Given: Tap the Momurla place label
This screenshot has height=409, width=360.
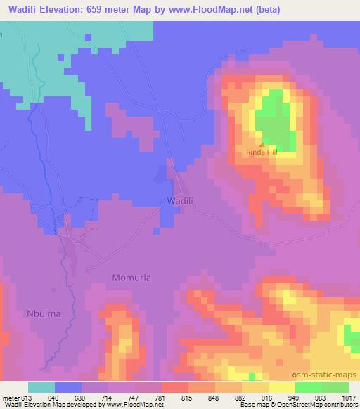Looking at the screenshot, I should [x=131, y=278].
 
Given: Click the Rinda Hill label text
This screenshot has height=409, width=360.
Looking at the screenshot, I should [x=262, y=152].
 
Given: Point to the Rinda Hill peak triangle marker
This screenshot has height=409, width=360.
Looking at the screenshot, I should [x=262, y=144].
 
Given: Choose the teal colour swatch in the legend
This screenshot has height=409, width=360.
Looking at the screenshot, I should [x=41, y=387].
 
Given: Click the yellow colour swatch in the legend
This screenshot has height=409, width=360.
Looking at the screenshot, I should [x=281, y=387].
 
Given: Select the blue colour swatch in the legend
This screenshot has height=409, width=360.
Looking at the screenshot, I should [x=68, y=387].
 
